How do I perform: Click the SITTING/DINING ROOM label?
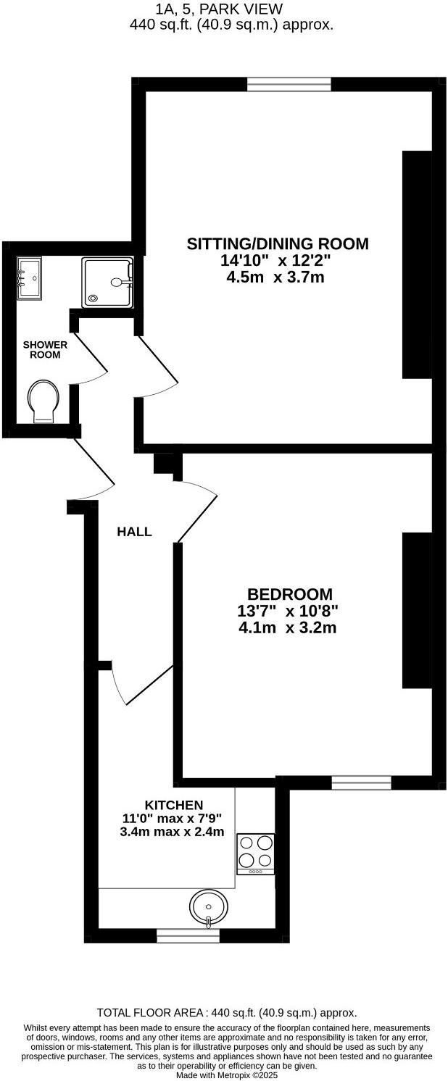click(278, 243)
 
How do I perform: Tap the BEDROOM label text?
click(290, 594)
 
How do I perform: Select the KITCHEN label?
click(174, 805)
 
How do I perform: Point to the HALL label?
click(135, 532)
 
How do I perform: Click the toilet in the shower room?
click(43, 402)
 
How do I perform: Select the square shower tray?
click(107, 283)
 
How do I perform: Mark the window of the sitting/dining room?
click(289, 84)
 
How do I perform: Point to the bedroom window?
click(361, 782)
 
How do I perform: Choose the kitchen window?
click(188, 937)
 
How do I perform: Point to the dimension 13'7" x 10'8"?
click(288, 611)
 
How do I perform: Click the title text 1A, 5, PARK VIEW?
click(219, 9)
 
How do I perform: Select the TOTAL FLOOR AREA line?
click(227, 1013)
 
